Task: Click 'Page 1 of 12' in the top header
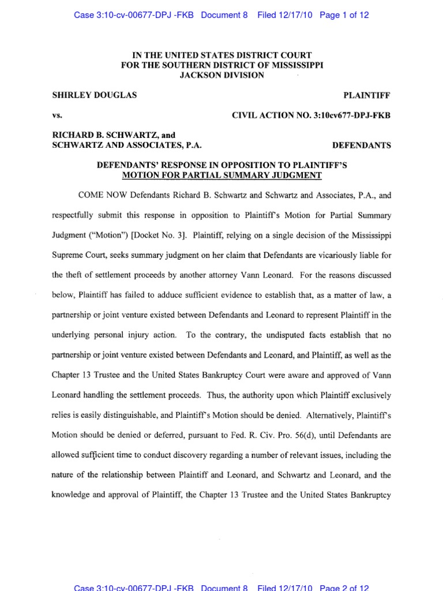344,16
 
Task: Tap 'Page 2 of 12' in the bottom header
344,588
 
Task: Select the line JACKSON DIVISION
221,75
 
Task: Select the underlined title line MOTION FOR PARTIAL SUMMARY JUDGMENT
221,175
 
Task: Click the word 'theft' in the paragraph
78,275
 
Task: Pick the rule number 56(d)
279,435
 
